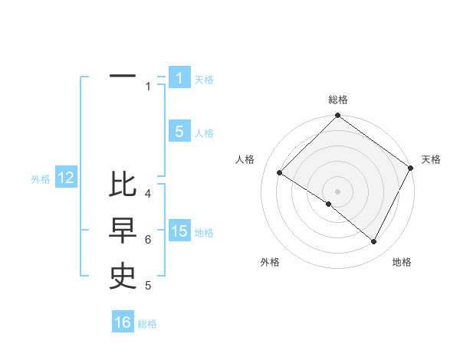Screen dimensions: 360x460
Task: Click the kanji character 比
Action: pos(123,185)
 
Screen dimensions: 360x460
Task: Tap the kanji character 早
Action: pos(123,231)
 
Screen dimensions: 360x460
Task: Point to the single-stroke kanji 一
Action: pos(123,77)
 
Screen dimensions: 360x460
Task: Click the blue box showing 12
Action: pos(66,178)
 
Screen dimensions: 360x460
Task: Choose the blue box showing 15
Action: pos(179,231)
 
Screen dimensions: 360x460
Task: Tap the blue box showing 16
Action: pos(123,322)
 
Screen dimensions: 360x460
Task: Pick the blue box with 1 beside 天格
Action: pos(179,78)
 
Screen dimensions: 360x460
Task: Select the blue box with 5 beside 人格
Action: pos(179,132)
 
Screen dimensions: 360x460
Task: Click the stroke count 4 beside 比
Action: pos(148,194)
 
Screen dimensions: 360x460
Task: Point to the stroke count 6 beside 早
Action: pos(148,240)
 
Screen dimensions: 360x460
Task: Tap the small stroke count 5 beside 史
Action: pos(148,286)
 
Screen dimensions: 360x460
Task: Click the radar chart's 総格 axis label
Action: pos(338,100)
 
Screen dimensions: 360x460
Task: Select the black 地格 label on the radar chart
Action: pos(402,263)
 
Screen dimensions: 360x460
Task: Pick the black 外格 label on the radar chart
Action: pos(270,263)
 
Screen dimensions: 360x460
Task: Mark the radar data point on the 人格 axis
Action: pos(280,173)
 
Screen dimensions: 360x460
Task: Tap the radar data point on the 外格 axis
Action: pos(329,205)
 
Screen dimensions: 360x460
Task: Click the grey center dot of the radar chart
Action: pos(338,191)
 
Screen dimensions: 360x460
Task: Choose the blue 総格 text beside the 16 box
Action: pos(147,324)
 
